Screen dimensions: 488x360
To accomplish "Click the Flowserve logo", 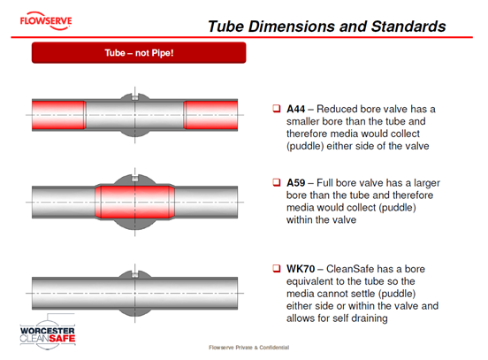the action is pyautogui.click(x=46, y=21).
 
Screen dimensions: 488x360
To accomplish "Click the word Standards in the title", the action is pyautogui.click(x=408, y=27).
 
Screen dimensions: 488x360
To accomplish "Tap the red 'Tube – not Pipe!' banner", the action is pyautogui.click(x=139, y=53).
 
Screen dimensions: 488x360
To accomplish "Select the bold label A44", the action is pyautogui.click(x=295, y=109).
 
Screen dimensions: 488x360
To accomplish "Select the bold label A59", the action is pyautogui.click(x=295, y=183).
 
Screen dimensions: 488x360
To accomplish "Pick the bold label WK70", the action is pyautogui.click(x=301, y=269).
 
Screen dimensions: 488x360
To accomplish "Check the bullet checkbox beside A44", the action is pyautogui.click(x=277, y=109).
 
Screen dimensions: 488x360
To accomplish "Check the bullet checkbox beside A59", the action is pyautogui.click(x=277, y=182).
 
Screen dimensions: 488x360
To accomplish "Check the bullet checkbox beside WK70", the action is pyautogui.click(x=277, y=268).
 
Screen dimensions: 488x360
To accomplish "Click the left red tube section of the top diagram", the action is pyautogui.click(x=59, y=115).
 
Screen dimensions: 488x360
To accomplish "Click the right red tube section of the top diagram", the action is pyautogui.click(x=210, y=115).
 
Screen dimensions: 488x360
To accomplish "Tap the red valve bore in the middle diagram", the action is pyautogui.click(x=134, y=202).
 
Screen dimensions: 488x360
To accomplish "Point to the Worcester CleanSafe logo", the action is pyautogui.click(x=48, y=332).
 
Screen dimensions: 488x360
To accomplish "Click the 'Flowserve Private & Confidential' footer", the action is pyautogui.click(x=249, y=348).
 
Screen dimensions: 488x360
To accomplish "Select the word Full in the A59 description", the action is pyautogui.click(x=324, y=183).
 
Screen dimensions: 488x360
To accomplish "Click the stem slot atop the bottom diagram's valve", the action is pyautogui.click(x=134, y=274).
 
